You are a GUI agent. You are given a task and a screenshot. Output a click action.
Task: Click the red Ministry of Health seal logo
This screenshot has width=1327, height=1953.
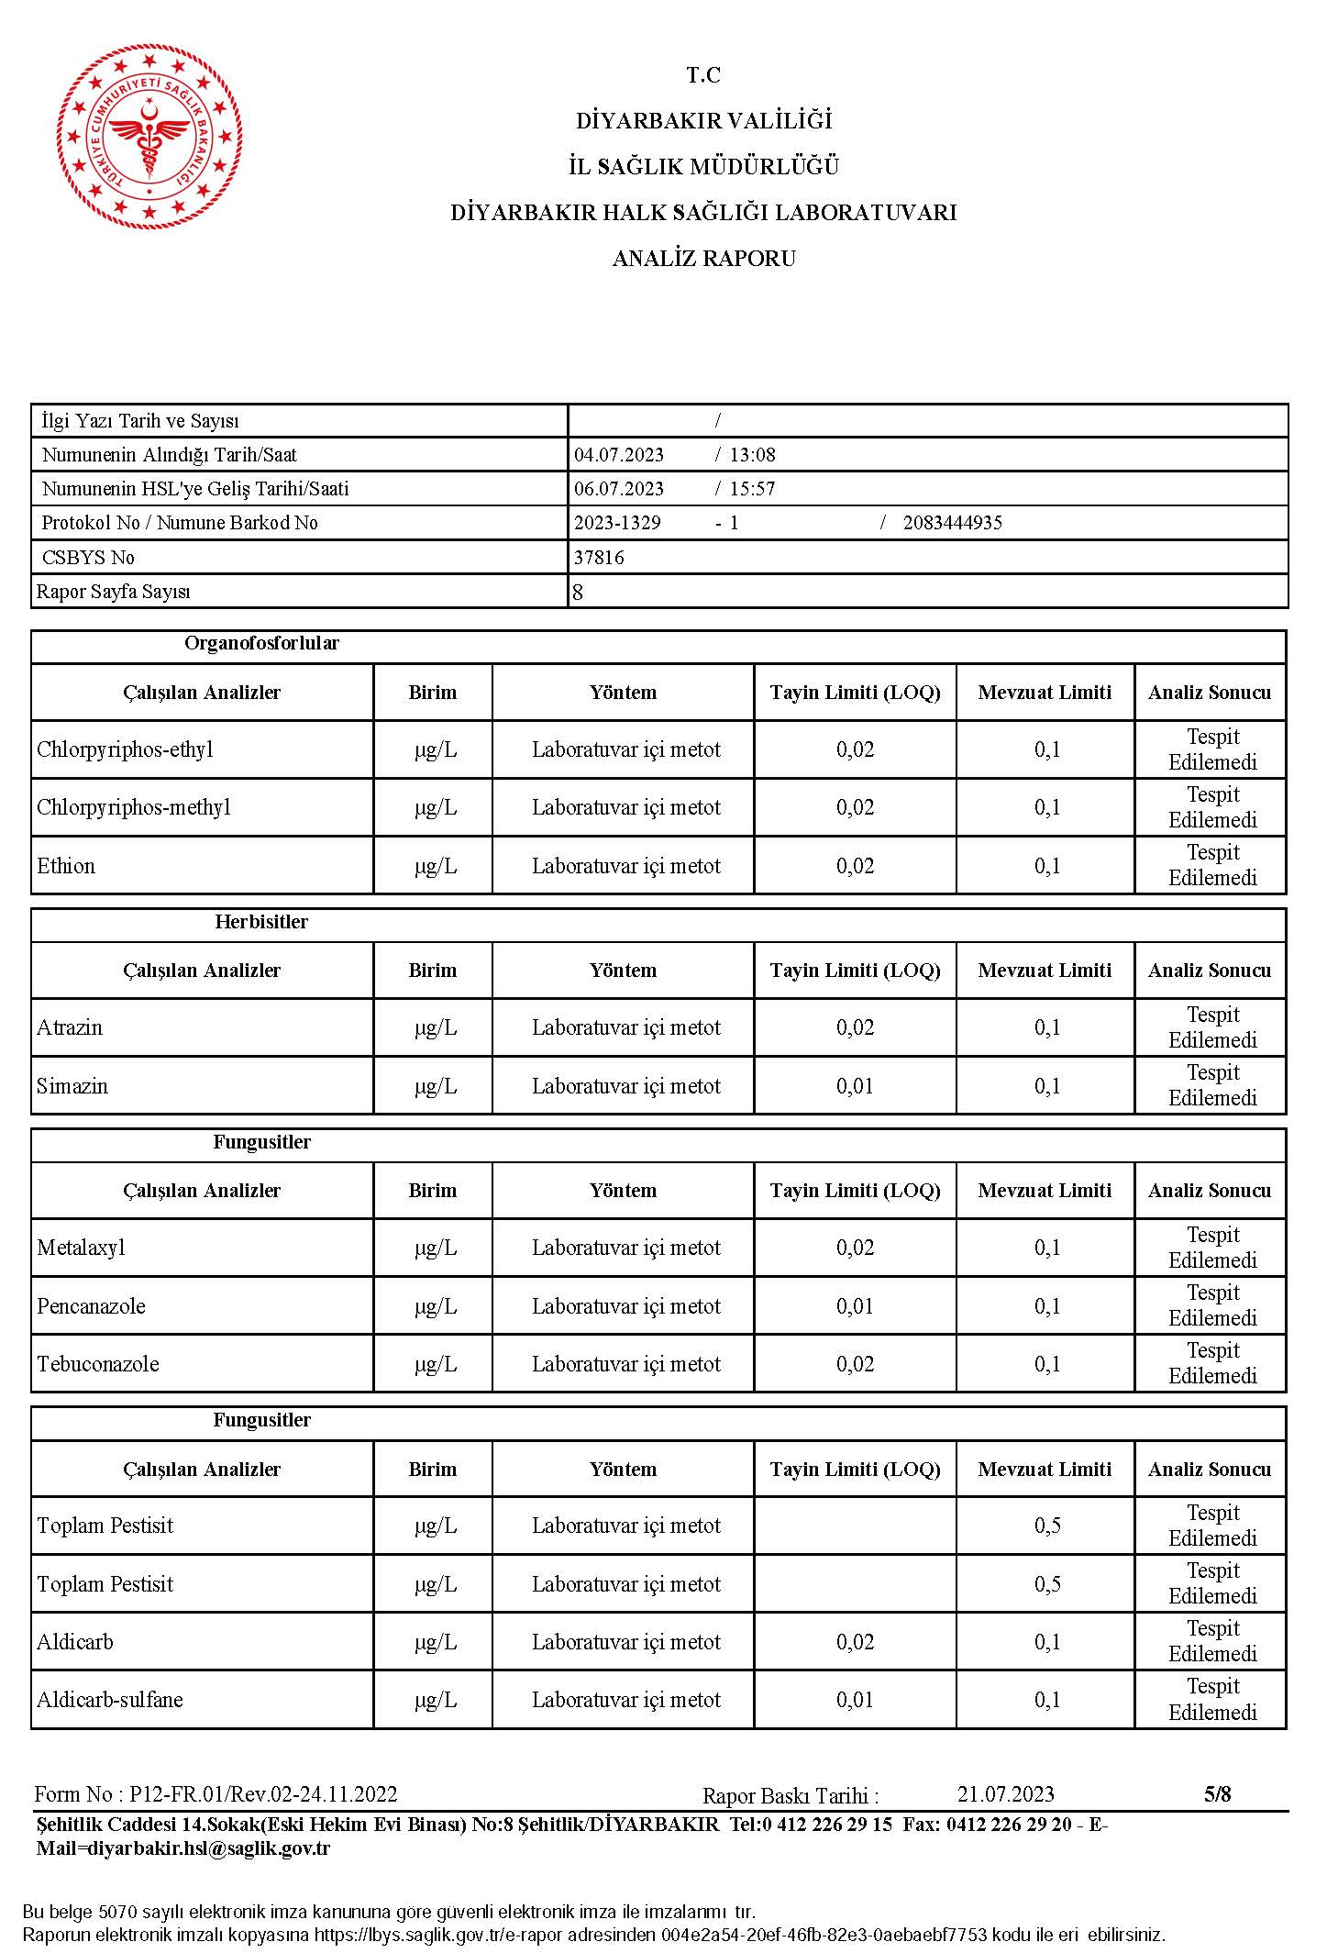point(149,137)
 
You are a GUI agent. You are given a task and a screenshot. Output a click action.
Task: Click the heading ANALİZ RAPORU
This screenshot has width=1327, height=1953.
point(703,259)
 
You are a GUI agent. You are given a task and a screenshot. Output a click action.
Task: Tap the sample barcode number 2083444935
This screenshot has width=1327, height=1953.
point(952,523)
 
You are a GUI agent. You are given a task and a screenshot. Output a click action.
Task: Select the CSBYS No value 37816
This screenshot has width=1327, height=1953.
point(599,558)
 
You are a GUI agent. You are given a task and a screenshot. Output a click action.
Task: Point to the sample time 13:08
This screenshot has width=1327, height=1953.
point(752,455)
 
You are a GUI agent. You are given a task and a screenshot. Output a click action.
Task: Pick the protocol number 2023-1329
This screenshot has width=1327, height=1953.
point(617,523)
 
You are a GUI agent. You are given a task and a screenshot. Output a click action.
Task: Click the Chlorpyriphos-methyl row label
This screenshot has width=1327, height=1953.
point(134,807)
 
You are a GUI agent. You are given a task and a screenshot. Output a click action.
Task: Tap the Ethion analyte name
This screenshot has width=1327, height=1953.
point(66,866)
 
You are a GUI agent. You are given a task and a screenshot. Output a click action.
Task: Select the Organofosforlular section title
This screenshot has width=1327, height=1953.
point(261,643)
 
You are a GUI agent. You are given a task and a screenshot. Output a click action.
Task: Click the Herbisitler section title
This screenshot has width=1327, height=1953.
point(261,922)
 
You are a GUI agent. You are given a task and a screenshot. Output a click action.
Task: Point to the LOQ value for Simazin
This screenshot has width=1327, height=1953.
point(855,1086)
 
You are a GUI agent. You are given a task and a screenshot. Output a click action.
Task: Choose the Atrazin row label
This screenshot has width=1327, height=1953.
point(70,1027)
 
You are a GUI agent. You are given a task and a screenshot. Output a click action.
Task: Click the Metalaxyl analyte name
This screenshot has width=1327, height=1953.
point(81,1248)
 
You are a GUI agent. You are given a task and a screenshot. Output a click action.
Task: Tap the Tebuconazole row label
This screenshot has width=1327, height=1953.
point(98,1364)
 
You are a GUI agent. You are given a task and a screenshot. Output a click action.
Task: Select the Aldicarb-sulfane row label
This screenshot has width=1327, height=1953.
point(110,1700)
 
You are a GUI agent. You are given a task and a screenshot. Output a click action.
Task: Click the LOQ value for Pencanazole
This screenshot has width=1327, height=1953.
point(855,1306)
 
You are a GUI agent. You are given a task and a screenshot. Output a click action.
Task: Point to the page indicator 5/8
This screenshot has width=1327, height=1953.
point(1217,1794)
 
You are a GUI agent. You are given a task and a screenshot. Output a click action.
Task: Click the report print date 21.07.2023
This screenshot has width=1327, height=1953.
point(1005,1794)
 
